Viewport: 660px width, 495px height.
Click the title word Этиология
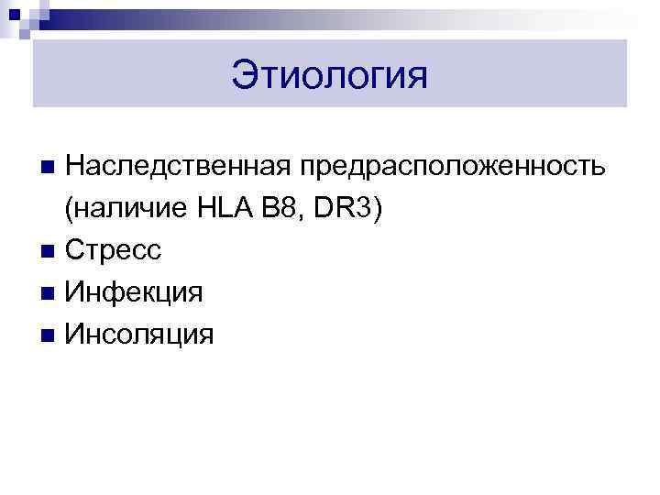tap(329, 75)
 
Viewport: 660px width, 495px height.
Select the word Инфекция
tap(134, 292)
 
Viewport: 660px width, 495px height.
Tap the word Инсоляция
tap(140, 335)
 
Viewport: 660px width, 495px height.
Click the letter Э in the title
tap(243, 75)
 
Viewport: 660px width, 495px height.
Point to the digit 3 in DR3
tap(363, 209)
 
